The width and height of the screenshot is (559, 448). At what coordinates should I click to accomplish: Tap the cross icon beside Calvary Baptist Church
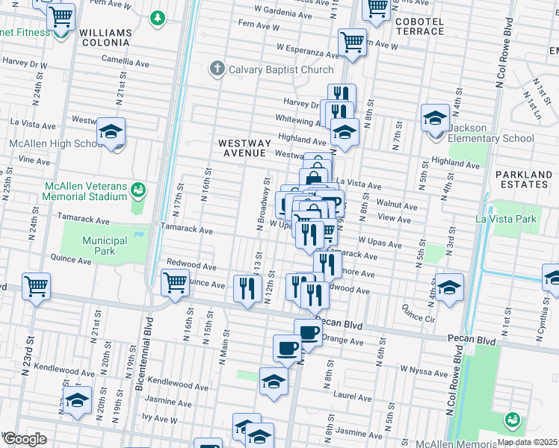217,69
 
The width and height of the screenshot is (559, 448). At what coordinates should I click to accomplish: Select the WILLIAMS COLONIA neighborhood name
105,39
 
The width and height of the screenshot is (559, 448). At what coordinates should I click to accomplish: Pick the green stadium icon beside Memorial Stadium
138,190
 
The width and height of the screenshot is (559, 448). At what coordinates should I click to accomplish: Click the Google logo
24,439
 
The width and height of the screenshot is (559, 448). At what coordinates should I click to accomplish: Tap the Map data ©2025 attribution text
527,442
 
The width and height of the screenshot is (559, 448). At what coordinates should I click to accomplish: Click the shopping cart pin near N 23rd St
36,286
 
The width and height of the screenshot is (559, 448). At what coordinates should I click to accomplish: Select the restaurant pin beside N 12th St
247,288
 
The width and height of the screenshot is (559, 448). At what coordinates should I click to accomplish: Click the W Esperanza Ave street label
308,50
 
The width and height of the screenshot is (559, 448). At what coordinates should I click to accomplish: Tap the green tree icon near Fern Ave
157,17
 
